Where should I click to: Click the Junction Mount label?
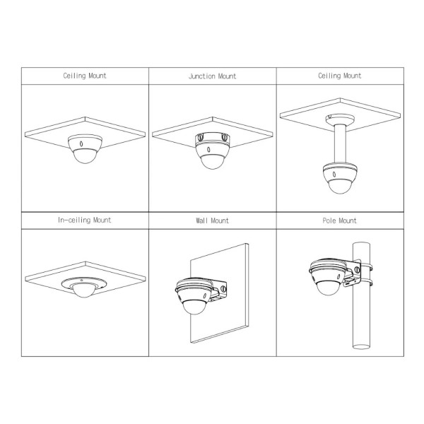coord(212,76)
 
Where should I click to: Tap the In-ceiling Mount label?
coord(84,220)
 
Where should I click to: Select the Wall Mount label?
coord(212,220)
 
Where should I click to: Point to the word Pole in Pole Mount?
coord(329,220)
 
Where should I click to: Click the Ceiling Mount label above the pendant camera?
coord(340,76)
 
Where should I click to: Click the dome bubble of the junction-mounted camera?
coord(213,162)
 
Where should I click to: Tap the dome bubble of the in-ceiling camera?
coord(84,290)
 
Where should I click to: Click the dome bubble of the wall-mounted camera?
coord(194,307)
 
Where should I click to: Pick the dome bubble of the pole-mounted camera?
coord(329,288)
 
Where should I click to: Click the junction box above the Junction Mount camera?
coord(213,140)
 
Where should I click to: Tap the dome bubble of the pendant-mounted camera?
coord(340,186)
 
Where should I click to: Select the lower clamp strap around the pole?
coord(365,282)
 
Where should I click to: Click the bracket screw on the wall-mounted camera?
coord(223,289)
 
